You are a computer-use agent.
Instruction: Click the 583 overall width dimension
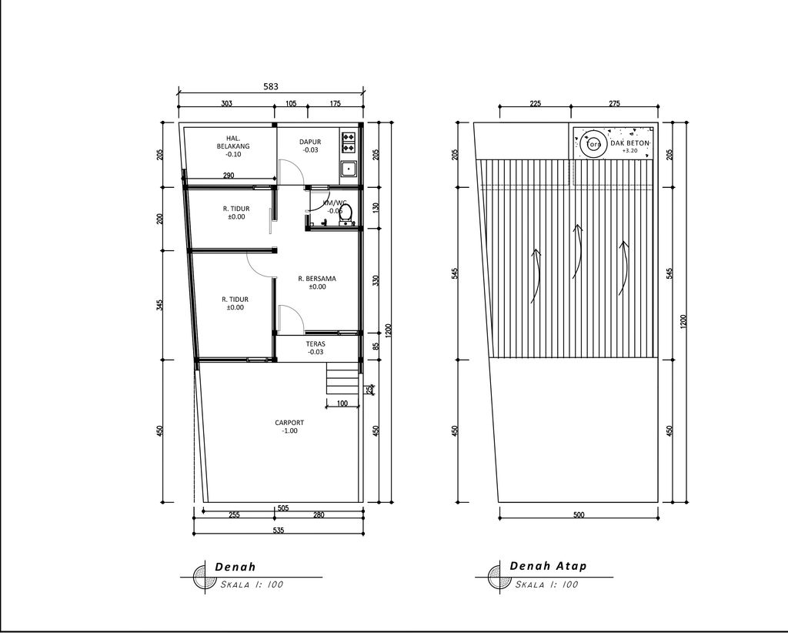point(271,87)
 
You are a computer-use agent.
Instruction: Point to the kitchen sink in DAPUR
point(349,168)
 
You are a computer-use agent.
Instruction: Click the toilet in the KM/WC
point(346,212)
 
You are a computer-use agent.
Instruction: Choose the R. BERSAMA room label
point(317,282)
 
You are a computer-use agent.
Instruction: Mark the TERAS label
point(315,348)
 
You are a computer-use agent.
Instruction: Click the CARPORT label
point(289,427)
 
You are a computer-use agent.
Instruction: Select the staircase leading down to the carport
point(342,380)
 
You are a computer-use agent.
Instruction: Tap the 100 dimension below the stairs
point(342,404)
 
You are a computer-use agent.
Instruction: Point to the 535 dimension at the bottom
point(277,530)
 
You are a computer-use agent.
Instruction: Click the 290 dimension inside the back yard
point(229,176)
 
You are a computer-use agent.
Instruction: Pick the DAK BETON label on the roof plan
point(630,144)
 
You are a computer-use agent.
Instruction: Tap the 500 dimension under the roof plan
point(579,515)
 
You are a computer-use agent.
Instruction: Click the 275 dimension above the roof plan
point(614,103)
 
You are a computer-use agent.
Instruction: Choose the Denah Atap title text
point(548,566)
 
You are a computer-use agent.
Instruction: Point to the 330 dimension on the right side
point(376,280)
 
